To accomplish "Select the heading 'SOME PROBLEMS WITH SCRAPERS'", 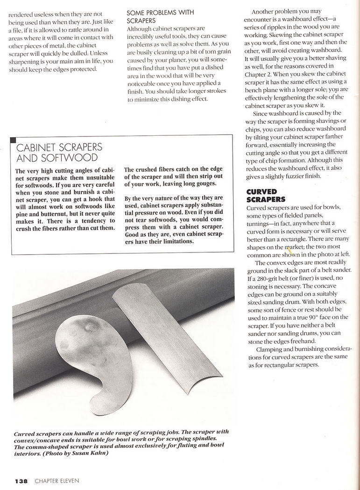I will click(160, 16).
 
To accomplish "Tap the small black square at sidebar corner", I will click(13, 139).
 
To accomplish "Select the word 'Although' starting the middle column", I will click(140, 29).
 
